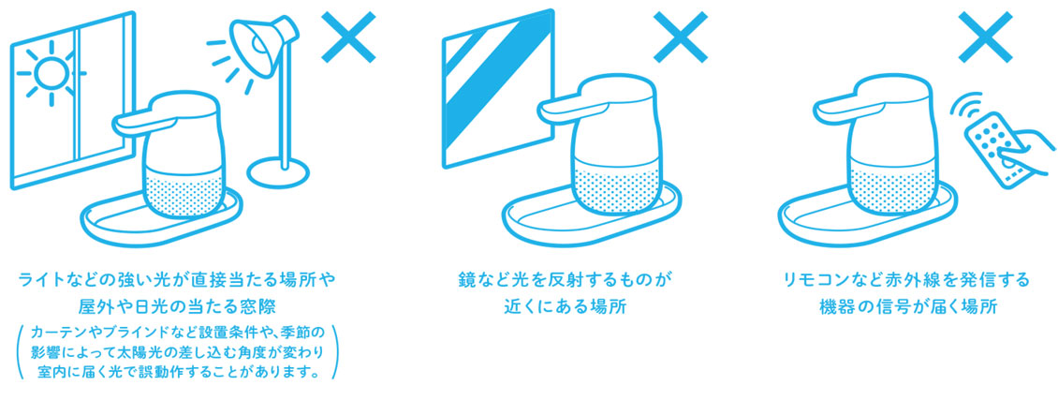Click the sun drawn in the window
click(x=47, y=72)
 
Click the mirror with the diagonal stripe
click(x=499, y=86)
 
